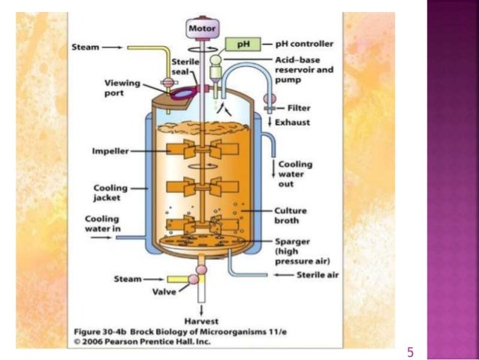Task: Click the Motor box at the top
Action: (x=201, y=29)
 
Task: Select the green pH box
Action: (x=243, y=45)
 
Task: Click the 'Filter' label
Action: (x=299, y=107)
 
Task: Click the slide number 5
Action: (x=410, y=350)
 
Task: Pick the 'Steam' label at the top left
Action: (x=84, y=47)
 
